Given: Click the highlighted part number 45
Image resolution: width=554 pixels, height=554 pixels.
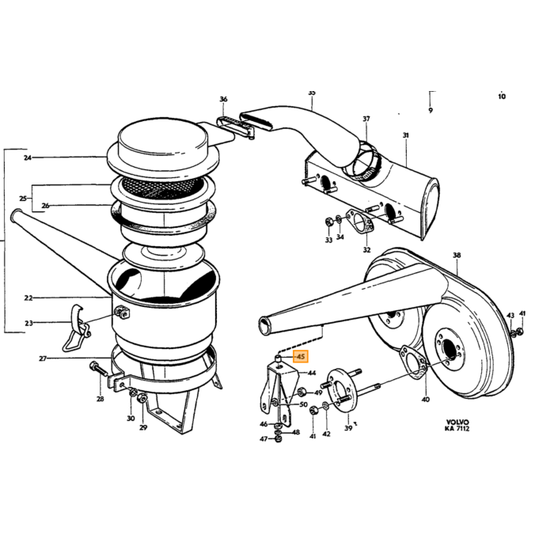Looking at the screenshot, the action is coord(301,356).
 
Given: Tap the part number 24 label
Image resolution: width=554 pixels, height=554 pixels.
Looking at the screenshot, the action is coord(28,157).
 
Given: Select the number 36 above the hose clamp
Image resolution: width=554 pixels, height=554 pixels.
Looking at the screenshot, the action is coord(223,99).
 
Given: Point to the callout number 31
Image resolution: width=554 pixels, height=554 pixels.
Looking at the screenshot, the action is coord(405,135).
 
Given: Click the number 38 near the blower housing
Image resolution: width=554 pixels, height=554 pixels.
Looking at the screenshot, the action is coord(457,255).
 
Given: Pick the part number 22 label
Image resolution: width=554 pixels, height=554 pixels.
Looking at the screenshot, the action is coord(28,298).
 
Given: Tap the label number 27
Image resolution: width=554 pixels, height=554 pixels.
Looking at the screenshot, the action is coord(43,359).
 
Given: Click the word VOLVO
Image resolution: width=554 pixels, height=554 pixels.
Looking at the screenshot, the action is coord(457,422).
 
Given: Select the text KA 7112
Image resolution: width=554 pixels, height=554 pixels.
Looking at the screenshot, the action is coord(457,429).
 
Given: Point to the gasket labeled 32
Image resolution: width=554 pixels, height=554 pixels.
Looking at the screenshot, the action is coord(359,221).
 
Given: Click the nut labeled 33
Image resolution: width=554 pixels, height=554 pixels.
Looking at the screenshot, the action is coord(328,222).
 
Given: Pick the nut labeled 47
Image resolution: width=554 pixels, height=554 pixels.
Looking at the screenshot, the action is coord(278,439).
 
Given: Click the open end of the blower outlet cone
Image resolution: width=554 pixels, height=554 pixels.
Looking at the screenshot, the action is coord(264,326).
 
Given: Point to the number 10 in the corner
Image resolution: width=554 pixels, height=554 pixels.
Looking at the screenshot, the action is coord(502,96).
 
